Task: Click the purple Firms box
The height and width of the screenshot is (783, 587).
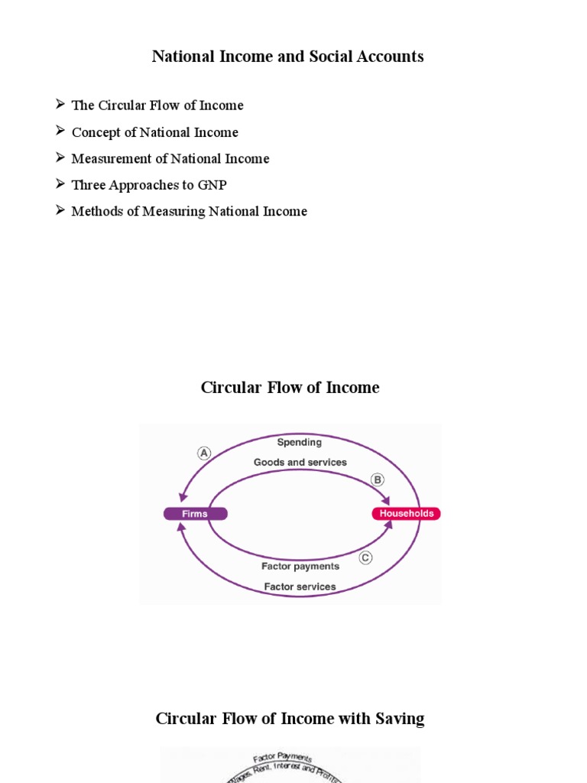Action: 195,514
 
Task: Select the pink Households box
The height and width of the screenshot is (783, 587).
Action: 406,514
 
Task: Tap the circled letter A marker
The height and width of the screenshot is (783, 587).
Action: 203,453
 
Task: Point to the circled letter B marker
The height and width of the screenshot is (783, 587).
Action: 377,479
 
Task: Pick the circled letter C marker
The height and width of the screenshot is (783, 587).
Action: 365,557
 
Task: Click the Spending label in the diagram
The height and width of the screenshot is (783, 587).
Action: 299,442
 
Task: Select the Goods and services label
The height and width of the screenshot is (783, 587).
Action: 300,462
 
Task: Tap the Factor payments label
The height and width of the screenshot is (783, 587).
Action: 300,567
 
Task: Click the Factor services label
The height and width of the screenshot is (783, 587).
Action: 300,586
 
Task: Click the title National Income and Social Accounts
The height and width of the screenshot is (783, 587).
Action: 287,57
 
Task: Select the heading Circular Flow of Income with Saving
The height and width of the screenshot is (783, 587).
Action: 290,719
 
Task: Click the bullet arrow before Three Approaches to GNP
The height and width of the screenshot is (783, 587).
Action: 60,184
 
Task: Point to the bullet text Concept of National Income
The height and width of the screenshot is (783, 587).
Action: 154,132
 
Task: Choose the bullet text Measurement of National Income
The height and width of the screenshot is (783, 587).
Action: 170,159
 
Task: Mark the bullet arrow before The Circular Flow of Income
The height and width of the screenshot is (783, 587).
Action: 60,105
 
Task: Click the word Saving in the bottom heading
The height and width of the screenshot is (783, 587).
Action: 398,719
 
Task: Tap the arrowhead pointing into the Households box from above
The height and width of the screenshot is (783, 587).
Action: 387,502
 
